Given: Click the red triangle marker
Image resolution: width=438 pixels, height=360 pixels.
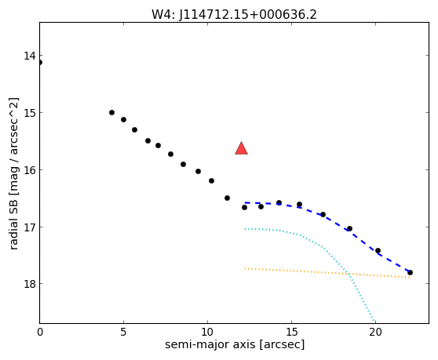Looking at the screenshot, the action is click(241, 148).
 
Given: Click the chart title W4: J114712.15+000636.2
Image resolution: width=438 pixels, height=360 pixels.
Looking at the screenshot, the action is click(234, 15).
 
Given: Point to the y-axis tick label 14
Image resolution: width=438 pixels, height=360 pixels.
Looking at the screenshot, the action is click(30, 56).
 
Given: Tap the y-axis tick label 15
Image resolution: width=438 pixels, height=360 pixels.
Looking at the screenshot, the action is click(30, 113).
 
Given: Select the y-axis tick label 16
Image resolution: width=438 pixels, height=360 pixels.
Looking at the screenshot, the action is click(30, 169).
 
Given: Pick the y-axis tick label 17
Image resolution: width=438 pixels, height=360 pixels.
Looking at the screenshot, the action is click(30, 227).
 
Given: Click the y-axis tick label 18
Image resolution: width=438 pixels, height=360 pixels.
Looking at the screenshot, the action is click(30, 284).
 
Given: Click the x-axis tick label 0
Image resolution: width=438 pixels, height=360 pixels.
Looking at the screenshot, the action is click(40, 332).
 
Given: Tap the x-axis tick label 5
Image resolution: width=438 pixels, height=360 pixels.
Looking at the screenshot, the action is click(123, 332).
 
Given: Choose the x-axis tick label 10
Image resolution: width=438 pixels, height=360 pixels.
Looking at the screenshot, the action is click(207, 332).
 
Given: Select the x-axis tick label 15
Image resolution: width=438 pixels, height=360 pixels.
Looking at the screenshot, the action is click(292, 332).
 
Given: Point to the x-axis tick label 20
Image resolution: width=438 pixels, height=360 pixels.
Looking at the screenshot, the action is click(375, 332).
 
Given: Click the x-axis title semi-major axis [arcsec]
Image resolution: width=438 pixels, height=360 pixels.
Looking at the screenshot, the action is click(235, 344).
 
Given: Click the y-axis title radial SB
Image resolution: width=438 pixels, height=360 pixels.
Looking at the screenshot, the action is click(13, 225).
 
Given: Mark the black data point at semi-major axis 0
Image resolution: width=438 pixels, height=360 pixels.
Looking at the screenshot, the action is click(40, 62).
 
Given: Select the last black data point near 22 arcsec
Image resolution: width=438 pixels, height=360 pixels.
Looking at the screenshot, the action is click(410, 272).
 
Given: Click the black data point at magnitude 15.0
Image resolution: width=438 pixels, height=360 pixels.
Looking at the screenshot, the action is click(111, 112).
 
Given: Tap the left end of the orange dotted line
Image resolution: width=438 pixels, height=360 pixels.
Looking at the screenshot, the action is click(245, 268).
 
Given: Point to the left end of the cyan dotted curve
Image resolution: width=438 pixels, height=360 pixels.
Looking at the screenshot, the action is click(245, 229).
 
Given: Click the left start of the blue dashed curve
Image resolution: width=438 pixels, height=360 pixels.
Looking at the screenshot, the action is click(245, 202).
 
